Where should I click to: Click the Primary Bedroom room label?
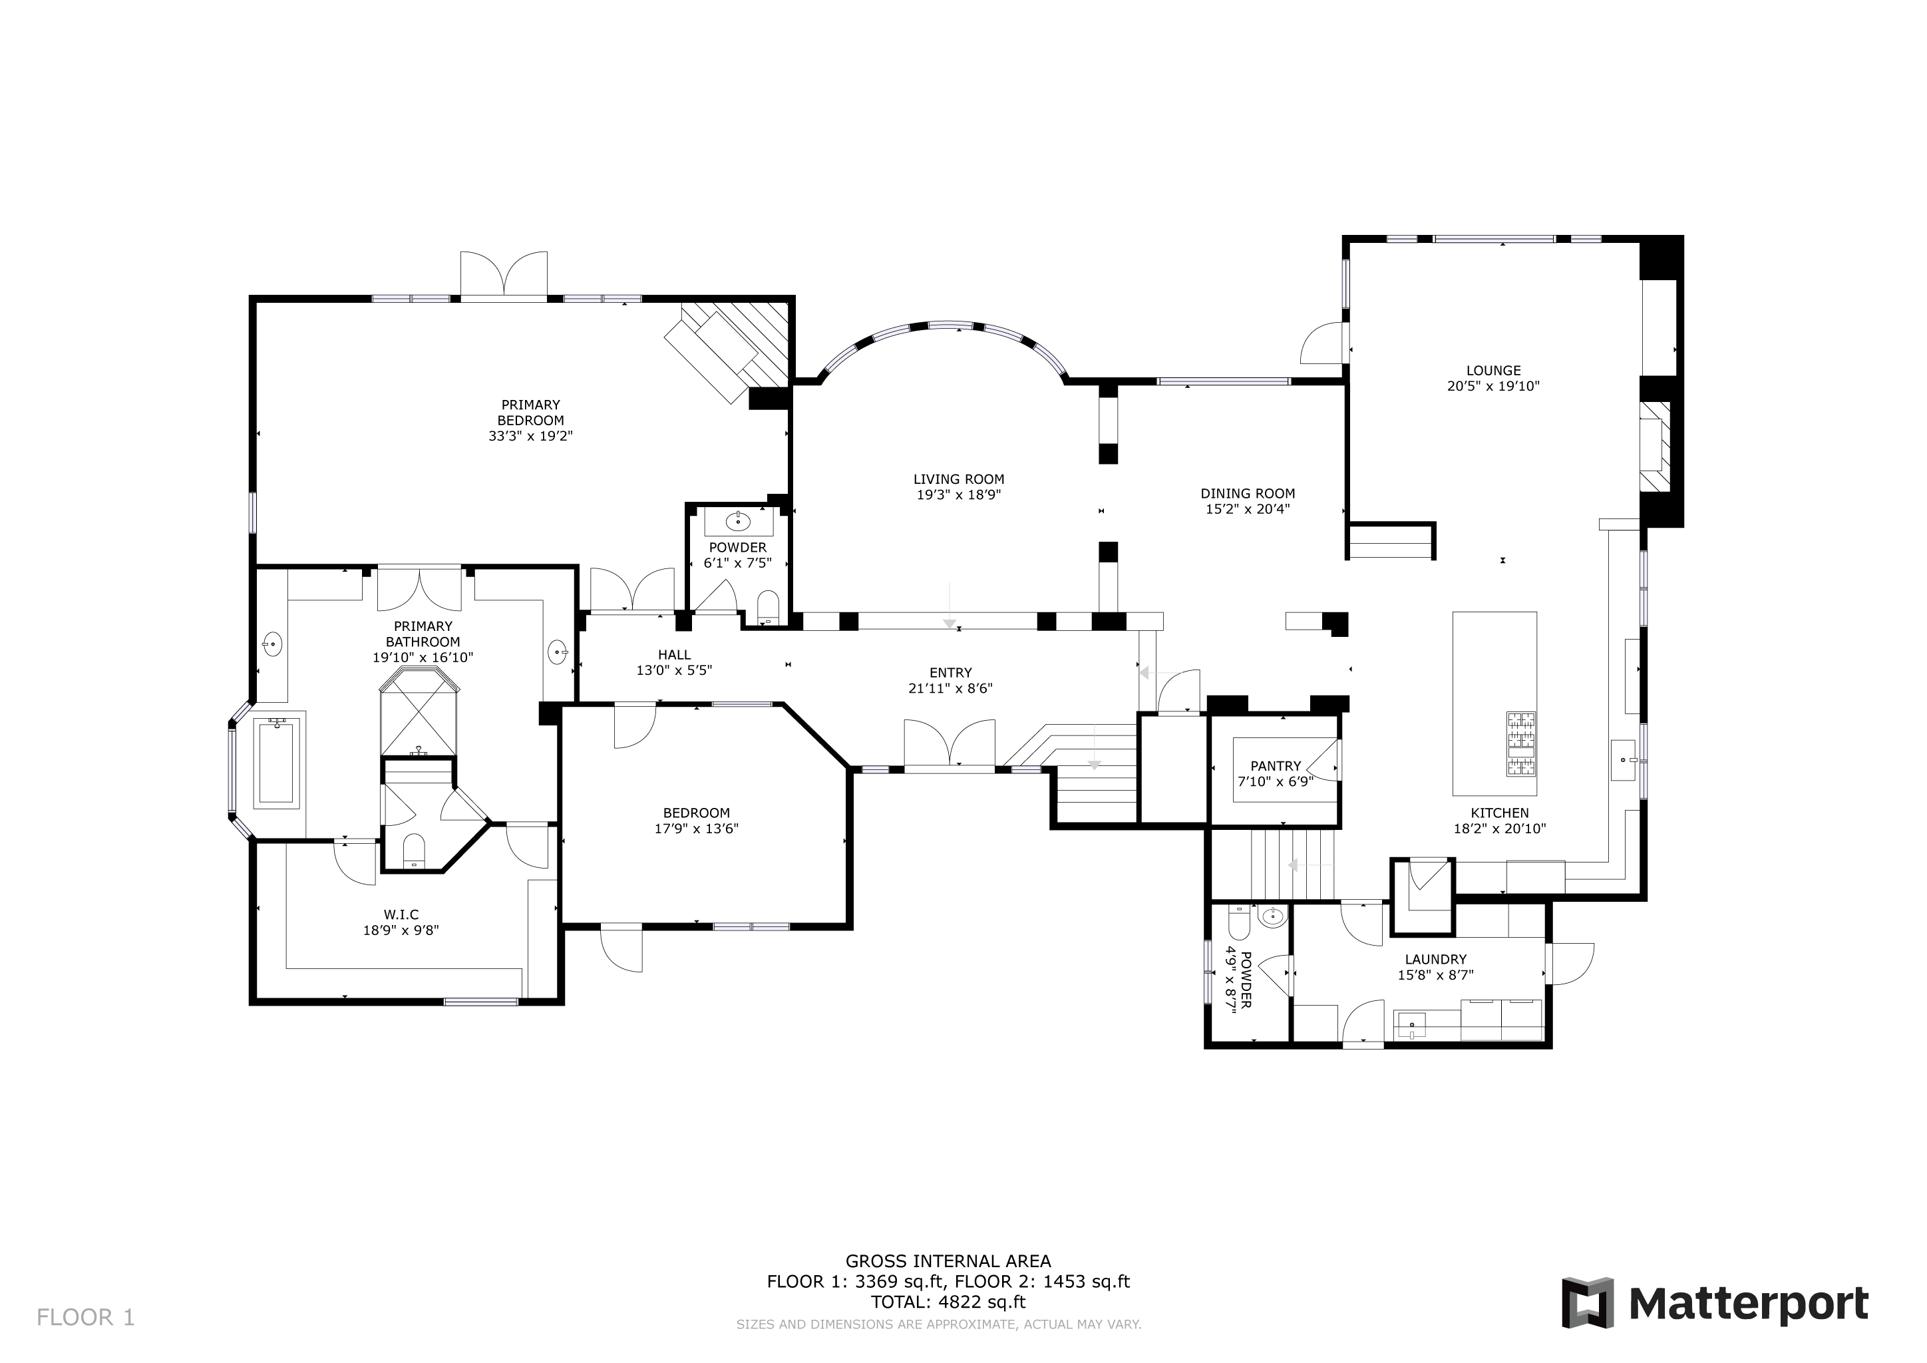click(x=530, y=412)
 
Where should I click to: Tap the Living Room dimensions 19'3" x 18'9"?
click(x=958, y=495)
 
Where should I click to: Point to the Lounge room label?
click(x=1493, y=370)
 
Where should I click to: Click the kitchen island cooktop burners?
click(x=1521, y=743)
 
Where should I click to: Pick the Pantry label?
click(x=1275, y=765)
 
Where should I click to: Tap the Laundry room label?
click(x=1435, y=959)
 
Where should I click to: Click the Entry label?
click(x=950, y=672)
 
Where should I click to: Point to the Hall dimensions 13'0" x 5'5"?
click(x=674, y=671)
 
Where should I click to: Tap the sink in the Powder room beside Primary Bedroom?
click(x=738, y=522)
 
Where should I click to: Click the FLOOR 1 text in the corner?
click(x=86, y=1318)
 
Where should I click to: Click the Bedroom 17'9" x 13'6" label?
click(x=696, y=821)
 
